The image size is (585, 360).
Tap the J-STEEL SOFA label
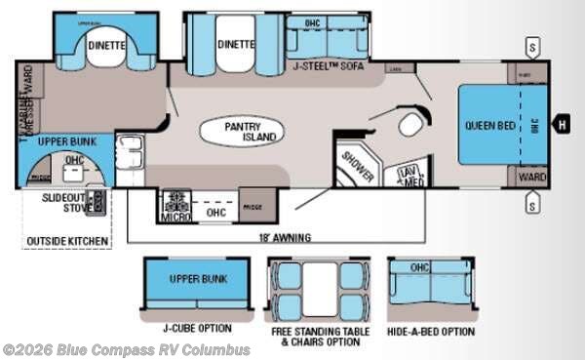point(331,65)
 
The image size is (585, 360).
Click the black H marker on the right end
point(561,124)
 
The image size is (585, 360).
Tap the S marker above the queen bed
point(532,45)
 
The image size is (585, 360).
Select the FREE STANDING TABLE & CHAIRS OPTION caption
point(307,337)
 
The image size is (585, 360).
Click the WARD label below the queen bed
point(530,178)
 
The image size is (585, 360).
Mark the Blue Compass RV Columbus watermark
point(127,350)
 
